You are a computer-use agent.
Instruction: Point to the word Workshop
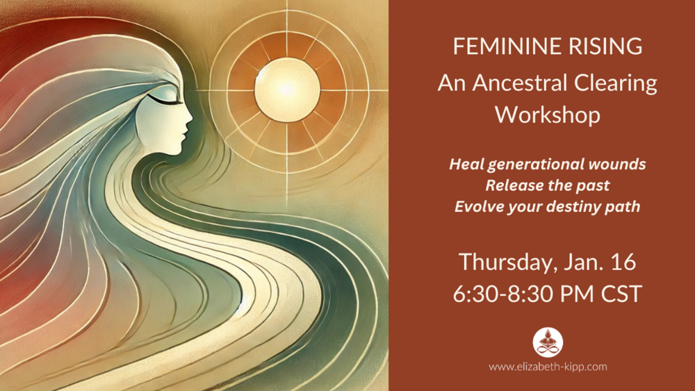tap(548, 115)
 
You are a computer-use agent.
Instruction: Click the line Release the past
tap(548, 185)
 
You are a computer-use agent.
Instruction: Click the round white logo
tap(548, 342)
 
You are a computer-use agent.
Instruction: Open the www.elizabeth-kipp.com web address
tap(548, 367)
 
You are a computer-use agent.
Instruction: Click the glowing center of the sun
tap(287, 90)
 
